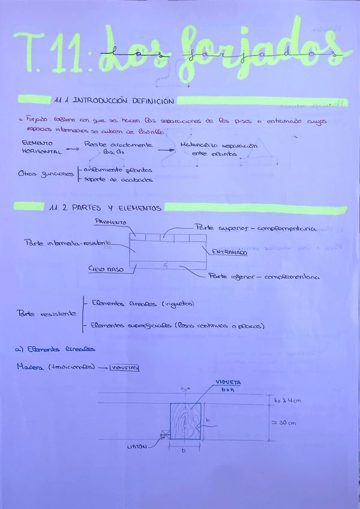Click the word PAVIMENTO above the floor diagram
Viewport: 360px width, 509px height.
111,223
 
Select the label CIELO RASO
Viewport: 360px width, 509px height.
106,270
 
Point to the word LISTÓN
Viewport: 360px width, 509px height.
137,446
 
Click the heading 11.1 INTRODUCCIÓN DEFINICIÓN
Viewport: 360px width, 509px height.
113,101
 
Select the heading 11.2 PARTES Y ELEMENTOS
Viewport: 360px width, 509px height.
106,208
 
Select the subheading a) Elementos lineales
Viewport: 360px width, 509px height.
55,349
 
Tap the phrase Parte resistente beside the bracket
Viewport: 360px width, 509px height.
47,313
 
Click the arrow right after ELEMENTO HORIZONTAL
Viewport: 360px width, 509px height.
71,150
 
